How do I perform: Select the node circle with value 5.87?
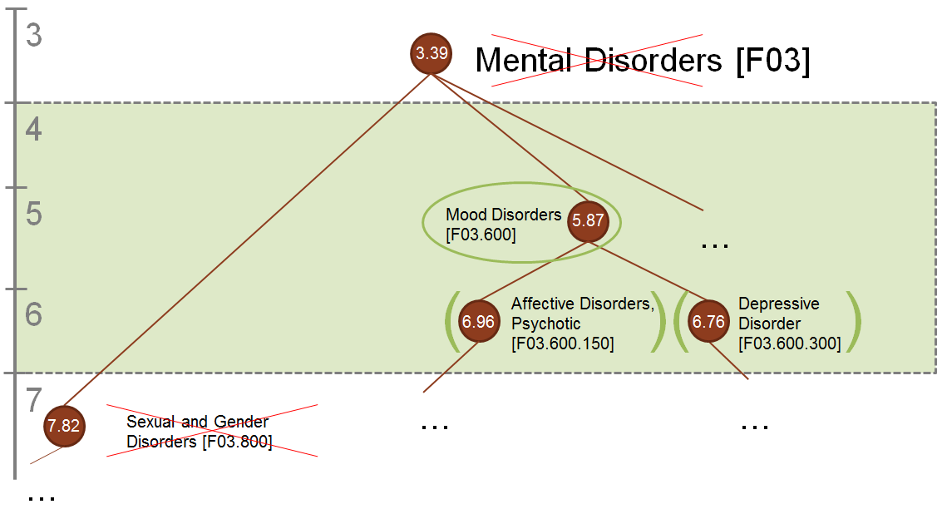coord(587,222)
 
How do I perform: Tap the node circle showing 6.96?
coord(479,322)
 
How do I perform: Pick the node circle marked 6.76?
coord(708,322)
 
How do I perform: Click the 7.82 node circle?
coord(64,426)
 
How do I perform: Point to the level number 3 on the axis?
coord(34,37)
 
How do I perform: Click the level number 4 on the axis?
coord(34,131)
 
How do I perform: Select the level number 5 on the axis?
coord(34,215)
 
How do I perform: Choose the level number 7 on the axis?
coord(34,401)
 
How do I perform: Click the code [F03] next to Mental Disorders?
coord(772,61)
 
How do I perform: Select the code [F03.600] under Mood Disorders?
coord(481,235)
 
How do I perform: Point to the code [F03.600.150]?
coord(563,343)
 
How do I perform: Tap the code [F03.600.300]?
coord(789,343)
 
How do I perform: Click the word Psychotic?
coord(545,324)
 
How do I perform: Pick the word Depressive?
coord(778,304)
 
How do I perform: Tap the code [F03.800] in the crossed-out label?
coord(237,442)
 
